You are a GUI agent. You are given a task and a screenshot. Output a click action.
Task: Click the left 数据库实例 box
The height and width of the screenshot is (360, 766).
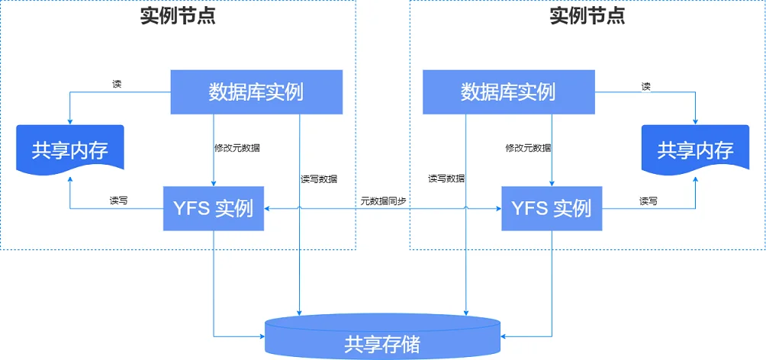click(256, 92)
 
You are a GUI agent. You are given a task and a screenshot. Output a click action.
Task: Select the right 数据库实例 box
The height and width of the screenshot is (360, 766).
click(509, 92)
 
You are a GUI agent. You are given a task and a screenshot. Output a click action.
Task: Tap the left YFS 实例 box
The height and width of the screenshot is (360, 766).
click(214, 208)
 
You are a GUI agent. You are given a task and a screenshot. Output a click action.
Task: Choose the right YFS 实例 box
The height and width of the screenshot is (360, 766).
click(552, 208)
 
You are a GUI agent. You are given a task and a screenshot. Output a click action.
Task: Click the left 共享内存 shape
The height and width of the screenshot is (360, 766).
click(70, 149)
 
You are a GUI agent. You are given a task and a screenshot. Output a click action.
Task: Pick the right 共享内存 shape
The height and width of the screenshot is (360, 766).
click(695, 149)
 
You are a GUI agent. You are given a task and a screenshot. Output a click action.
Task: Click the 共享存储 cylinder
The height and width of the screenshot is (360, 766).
click(383, 337)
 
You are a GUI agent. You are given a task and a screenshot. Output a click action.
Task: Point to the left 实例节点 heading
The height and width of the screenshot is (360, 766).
click(177, 16)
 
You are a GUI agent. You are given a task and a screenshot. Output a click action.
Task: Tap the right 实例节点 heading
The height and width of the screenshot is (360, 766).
click(587, 16)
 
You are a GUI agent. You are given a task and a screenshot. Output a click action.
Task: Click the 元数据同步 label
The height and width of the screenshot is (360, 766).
click(383, 201)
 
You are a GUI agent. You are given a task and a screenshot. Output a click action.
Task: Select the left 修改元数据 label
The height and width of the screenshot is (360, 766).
click(237, 148)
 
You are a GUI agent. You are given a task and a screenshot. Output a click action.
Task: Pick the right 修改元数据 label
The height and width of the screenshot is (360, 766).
click(528, 148)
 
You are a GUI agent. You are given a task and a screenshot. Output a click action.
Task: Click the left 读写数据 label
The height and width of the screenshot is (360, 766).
click(318, 178)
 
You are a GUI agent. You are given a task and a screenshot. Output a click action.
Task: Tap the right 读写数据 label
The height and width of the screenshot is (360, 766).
click(446, 178)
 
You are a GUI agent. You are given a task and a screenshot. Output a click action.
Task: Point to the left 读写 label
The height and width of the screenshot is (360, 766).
click(119, 201)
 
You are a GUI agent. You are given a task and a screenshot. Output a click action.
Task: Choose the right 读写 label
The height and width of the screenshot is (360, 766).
click(649, 201)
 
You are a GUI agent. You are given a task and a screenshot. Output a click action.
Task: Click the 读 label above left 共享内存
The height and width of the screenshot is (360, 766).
click(117, 84)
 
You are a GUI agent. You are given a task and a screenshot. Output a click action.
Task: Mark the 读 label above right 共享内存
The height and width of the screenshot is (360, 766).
click(645, 87)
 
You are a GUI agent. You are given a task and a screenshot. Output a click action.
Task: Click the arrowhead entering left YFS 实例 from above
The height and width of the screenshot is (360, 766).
click(214, 184)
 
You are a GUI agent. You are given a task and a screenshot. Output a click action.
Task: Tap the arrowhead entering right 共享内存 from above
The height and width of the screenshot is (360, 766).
click(695, 121)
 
